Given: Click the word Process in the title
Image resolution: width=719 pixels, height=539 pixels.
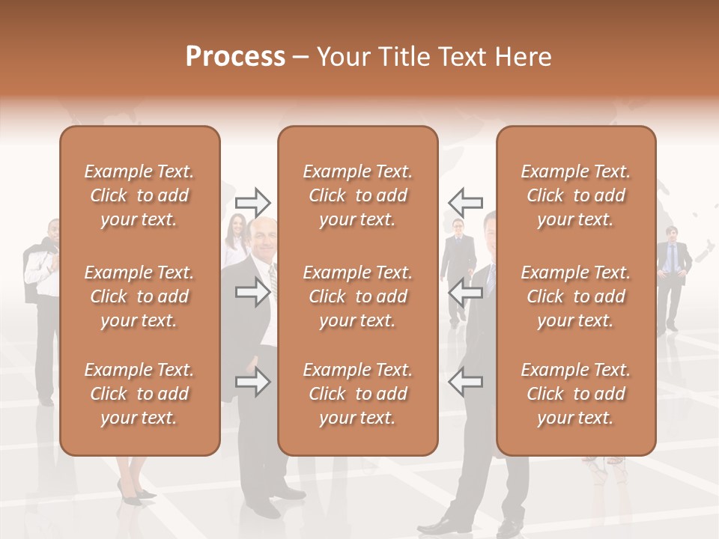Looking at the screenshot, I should coord(235,56).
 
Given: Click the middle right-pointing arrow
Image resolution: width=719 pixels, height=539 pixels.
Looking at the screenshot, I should coord(252,293).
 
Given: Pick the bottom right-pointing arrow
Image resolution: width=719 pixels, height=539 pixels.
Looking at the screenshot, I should coord(252,383).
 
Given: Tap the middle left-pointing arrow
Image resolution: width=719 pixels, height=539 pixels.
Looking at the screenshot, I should coord(465,293).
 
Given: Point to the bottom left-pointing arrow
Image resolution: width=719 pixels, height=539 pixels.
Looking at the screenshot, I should coord(465,383).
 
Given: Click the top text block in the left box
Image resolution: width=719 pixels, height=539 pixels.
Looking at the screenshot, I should coord(139,195).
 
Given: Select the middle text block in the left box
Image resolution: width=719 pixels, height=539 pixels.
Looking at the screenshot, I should coord(139,296).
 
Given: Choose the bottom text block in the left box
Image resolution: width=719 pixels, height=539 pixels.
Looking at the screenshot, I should coord(139,394).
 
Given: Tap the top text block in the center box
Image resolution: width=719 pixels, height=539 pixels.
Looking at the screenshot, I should coord(357,195).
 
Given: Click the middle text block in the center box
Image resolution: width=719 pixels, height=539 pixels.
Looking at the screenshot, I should coord(357,296).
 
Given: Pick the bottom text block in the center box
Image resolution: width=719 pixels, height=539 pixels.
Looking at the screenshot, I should coord(357,394).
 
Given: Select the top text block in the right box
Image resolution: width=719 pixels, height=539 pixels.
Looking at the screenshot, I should coord(576,195).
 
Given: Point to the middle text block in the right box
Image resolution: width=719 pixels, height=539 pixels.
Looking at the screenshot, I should coord(576,296).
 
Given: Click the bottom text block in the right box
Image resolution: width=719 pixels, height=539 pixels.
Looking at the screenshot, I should coord(576,394).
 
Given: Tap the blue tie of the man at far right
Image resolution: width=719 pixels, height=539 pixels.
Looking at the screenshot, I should coord(672,258).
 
